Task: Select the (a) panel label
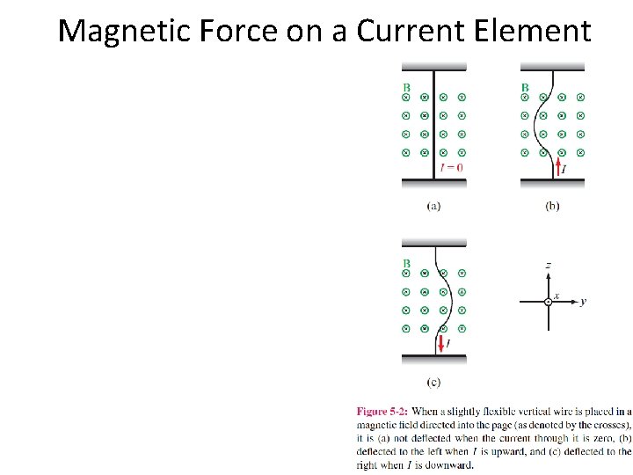433,206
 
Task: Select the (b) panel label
552,206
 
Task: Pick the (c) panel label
433,382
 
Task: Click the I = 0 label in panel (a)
452,167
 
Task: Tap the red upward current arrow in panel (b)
557,164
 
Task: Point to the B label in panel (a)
406,87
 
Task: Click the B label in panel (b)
525,87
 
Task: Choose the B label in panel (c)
406,263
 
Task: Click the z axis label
548,264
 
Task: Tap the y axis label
583,302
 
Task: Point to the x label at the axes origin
557,296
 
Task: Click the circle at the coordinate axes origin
548,302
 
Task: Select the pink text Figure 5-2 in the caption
381,411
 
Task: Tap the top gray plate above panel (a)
434,66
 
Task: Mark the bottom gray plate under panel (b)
552,182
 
